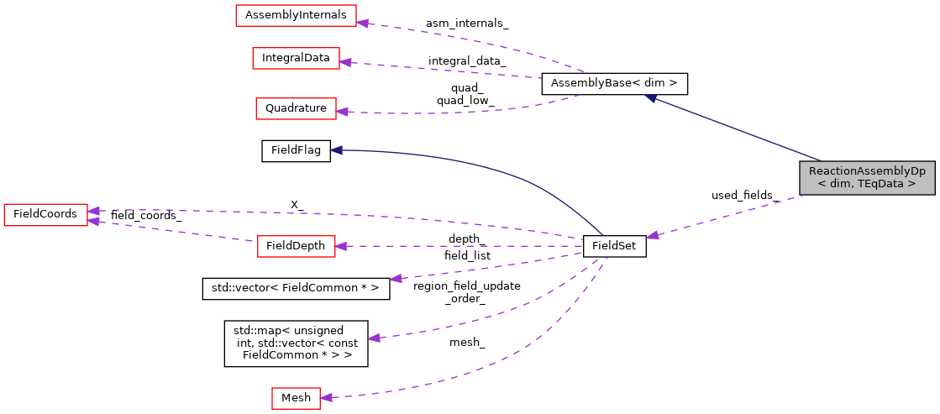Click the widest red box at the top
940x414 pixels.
(296, 15)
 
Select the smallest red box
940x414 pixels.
(296, 398)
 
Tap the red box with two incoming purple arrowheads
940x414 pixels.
(45, 215)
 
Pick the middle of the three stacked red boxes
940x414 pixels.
(296, 58)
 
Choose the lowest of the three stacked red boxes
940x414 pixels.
(296, 108)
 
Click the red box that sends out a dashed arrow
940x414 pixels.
(296, 246)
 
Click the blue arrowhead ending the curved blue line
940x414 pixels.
(335, 149)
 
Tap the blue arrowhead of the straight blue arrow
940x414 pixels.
(650, 98)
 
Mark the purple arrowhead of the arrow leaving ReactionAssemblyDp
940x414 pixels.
(653, 236)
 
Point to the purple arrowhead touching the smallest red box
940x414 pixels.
(326, 397)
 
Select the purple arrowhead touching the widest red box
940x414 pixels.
(362, 22)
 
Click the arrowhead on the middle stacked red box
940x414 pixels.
(345, 61)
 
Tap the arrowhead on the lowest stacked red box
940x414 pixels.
(342, 111)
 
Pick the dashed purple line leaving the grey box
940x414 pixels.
(731, 216)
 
